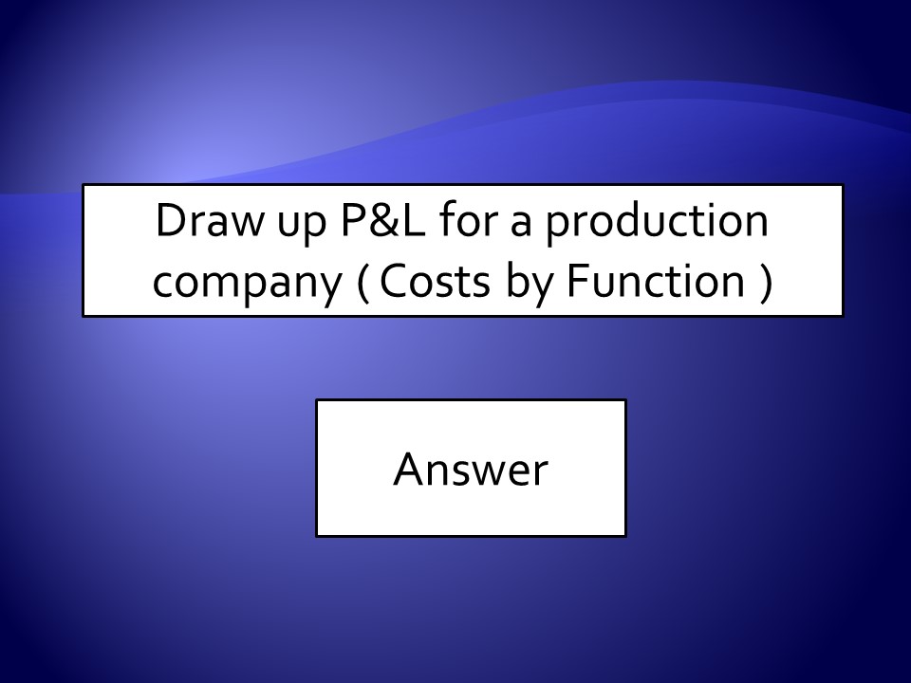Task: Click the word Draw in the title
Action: [x=208, y=220]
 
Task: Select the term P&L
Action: [x=382, y=220]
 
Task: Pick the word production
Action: [x=657, y=222]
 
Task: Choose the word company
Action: [x=247, y=286]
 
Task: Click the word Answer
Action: [x=471, y=468]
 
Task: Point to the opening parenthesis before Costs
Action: [x=363, y=283]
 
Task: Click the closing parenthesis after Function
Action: [x=767, y=283]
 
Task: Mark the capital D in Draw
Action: [x=172, y=220]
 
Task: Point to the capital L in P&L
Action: [x=414, y=220]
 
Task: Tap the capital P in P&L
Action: [x=353, y=220]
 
